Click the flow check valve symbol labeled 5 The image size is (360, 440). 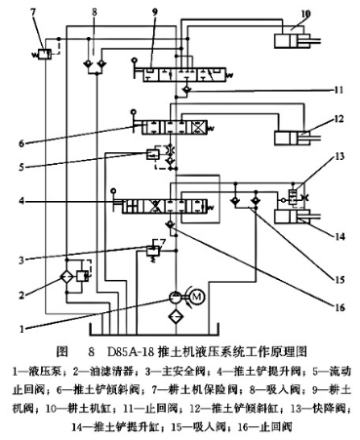click(153, 153)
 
